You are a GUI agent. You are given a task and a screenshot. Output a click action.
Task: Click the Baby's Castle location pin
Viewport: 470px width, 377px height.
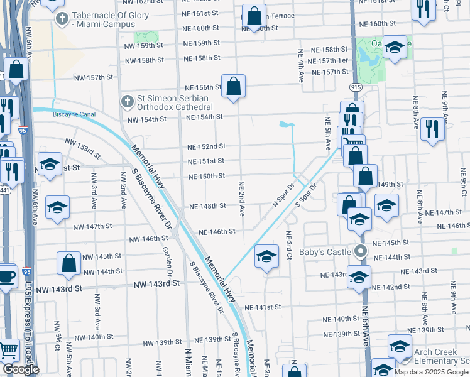[360, 253]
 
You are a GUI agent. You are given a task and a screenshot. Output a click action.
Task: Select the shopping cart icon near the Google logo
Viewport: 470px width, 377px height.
[8, 350]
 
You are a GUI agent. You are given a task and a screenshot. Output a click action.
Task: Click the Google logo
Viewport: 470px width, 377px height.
[20, 369]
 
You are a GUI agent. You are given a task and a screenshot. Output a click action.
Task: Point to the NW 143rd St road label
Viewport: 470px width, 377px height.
[156, 284]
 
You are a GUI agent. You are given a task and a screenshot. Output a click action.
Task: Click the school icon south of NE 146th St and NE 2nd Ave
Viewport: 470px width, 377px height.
[267, 256]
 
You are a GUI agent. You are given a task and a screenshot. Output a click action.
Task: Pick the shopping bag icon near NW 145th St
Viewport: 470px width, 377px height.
[69, 264]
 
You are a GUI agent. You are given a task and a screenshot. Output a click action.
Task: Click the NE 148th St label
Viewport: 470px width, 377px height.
[207, 206]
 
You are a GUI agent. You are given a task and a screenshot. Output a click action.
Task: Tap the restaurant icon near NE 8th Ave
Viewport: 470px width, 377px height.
[432, 131]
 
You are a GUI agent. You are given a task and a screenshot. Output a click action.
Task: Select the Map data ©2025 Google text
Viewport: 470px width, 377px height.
[430, 371]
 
